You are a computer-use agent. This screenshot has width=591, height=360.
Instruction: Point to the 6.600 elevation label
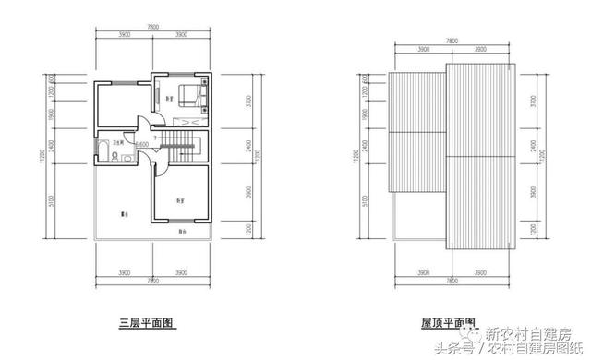pyautogui.click(x=143, y=145)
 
